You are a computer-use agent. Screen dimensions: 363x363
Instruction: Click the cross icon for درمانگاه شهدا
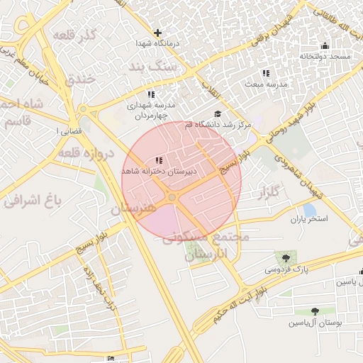point(157,33)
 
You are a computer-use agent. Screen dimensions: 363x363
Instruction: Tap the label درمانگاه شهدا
point(157,43)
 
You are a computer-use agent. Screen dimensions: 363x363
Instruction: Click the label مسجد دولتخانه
point(325,56)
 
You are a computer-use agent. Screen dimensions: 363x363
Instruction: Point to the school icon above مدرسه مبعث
point(265,73)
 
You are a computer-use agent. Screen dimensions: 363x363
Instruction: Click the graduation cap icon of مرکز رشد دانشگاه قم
point(218,113)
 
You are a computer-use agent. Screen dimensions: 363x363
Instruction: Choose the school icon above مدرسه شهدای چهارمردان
point(150,94)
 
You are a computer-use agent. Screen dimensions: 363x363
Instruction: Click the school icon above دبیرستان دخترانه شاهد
point(159,160)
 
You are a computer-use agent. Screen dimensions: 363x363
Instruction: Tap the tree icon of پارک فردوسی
point(286,259)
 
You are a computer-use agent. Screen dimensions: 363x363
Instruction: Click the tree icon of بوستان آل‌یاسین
point(315,311)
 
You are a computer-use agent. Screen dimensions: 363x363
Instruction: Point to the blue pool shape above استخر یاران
point(310,210)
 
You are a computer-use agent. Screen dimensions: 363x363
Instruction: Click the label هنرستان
point(135,210)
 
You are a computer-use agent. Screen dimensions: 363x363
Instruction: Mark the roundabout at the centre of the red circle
point(172,197)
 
